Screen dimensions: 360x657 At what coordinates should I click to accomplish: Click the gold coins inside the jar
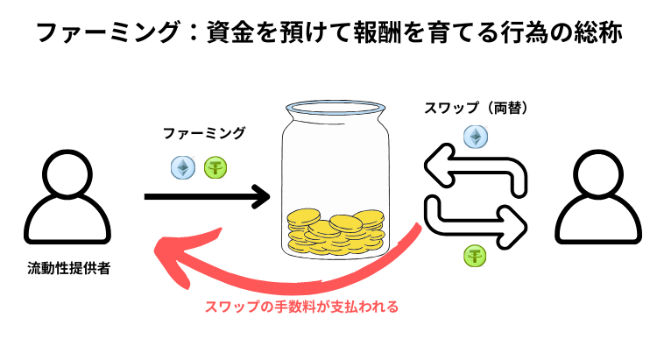point(336,229)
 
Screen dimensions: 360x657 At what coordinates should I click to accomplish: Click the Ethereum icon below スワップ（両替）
point(476,138)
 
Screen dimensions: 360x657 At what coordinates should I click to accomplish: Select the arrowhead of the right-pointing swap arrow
point(517,222)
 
